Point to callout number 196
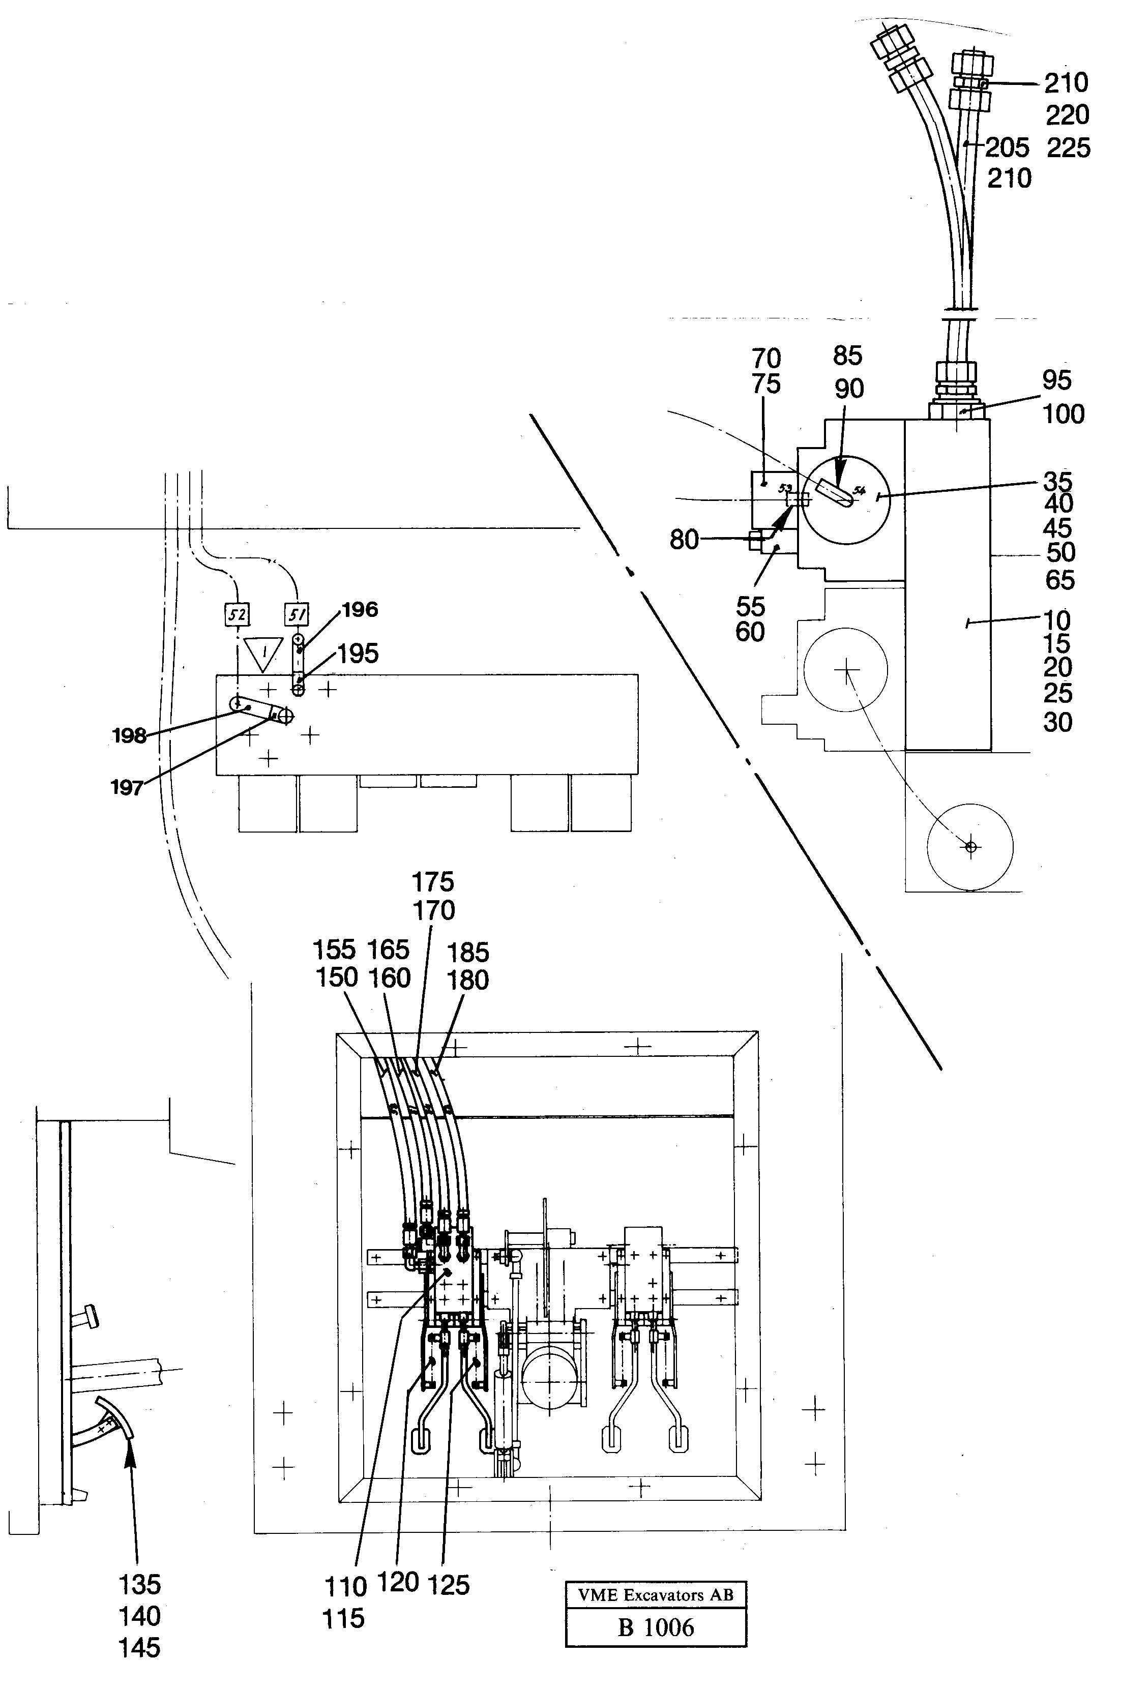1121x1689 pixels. coord(359,610)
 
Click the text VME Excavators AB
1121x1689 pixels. coord(655,1594)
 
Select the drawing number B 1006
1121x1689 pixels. coord(655,1627)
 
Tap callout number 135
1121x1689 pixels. coord(139,1585)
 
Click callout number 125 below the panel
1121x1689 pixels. coord(448,1585)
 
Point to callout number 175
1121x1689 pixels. coord(432,882)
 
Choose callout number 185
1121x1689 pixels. coord(467,952)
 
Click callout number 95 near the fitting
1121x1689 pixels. coord(1056,380)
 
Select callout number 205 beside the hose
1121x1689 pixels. coord(1007,148)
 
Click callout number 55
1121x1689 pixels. coord(750,606)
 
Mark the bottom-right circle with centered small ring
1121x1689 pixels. coord(969,847)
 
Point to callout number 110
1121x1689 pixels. coord(345,1587)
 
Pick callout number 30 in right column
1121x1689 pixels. coord(1057,722)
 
